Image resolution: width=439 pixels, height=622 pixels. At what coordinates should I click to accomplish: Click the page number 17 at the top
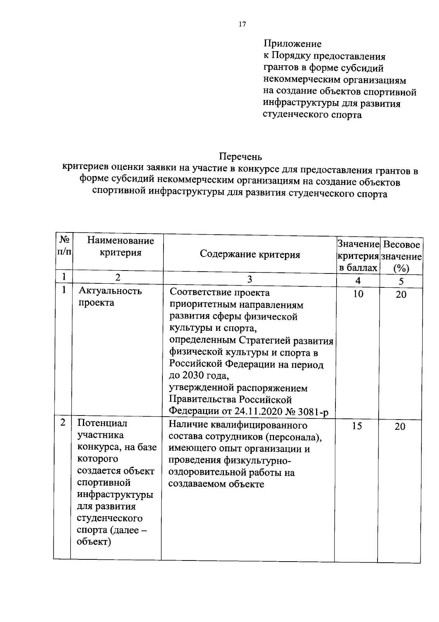tap(242, 25)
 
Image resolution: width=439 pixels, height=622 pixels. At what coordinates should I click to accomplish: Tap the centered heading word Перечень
tap(240, 157)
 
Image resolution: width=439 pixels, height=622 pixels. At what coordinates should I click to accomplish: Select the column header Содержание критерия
tap(250, 255)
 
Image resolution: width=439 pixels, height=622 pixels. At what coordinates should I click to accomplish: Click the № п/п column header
tap(64, 246)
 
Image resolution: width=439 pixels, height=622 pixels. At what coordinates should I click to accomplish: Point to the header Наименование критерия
tap(120, 246)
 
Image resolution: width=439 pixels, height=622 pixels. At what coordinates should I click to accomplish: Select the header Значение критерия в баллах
tap(358, 256)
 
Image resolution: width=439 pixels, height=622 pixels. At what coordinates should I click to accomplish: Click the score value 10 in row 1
tap(358, 294)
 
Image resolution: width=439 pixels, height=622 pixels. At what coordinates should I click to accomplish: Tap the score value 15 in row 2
tap(357, 426)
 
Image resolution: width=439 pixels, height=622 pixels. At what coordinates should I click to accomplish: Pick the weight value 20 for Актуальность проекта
tap(401, 295)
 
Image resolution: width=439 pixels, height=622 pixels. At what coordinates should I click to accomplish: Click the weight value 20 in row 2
tap(400, 427)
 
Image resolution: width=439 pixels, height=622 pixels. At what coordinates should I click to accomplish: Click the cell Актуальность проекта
tap(110, 297)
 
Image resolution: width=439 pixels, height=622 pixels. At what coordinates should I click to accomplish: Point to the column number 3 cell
tap(249, 279)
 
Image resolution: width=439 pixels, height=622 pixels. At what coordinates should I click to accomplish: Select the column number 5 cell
tap(401, 281)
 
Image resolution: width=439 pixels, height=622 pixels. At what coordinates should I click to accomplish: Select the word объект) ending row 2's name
tap(94, 542)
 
